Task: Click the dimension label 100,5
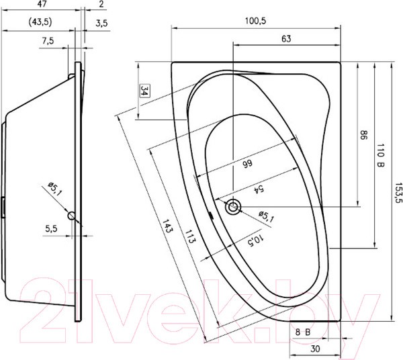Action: (255, 21)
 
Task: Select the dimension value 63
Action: (286, 39)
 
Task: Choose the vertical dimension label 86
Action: (363, 136)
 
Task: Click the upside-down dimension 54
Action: (256, 189)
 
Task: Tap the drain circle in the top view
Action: (233, 207)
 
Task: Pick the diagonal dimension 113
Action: (190, 239)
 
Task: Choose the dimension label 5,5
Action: (52, 229)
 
